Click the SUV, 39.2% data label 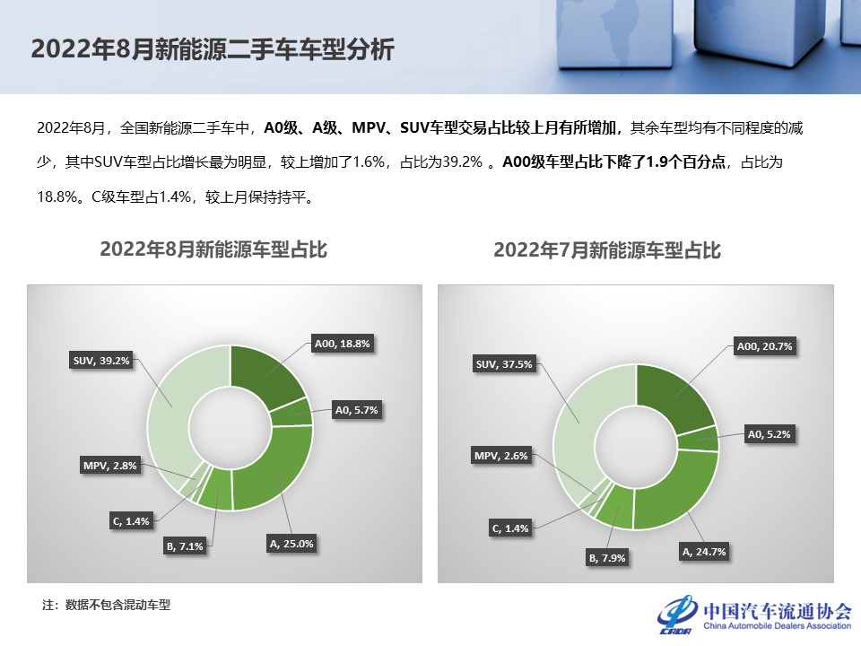101,361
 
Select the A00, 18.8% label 342,344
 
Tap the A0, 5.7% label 357,410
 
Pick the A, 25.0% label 291,544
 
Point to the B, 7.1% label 185,546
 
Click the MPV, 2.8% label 109,466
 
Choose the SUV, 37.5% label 504,364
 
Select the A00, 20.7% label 764,346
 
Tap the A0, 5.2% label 770,434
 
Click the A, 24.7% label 704,552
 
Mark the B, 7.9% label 607,558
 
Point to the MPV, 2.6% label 500,456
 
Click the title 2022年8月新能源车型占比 213,250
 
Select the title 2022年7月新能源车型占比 607,250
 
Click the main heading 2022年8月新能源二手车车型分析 213,49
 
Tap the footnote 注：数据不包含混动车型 107,605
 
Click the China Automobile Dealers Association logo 755,614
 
